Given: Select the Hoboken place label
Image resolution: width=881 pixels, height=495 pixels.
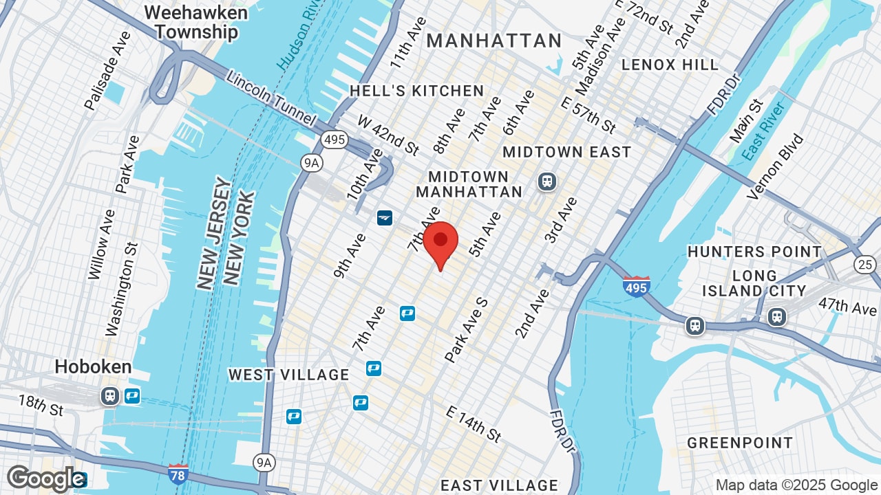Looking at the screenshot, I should (93, 366).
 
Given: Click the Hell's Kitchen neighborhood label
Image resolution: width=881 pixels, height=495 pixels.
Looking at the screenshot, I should (416, 91).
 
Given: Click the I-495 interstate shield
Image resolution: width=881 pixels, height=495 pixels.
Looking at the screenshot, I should (636, 286).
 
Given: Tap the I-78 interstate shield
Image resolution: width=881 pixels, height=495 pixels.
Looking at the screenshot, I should (178, 474).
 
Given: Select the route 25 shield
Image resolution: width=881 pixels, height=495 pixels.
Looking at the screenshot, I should (864, 264).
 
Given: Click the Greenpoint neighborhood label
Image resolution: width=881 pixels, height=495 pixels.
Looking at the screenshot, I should (740, 443).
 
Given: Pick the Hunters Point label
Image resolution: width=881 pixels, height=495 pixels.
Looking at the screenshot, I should (754, 252).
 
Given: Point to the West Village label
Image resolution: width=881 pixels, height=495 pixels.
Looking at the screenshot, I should (288, 375).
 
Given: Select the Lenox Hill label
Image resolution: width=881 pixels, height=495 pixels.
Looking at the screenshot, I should (670, 65).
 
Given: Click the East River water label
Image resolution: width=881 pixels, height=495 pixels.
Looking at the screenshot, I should (765, 131).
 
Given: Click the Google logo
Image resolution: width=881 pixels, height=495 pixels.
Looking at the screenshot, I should (45, 478).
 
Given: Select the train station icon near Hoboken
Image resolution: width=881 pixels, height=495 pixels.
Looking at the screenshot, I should (109, 396).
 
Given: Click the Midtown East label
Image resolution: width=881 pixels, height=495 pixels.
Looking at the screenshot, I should (566, 152).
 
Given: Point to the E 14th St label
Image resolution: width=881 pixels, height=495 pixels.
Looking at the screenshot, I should (474, 423).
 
